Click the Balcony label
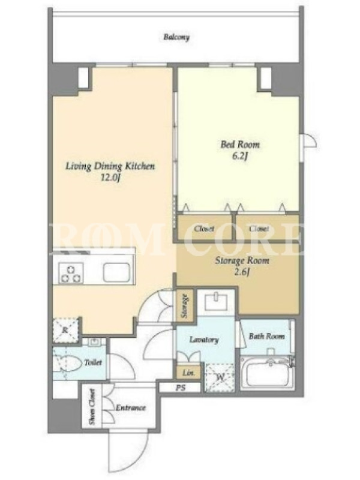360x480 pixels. [176, 37]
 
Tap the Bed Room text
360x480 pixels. [240, 144]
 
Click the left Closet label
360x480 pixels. [204, 229]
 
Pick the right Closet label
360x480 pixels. [259, 229]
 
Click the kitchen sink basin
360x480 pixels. [116, 272]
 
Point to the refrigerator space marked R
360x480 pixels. [65, 330]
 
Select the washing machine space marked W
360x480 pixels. [220, 377]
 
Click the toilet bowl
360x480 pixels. [67, 363]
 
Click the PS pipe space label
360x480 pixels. [181, 388]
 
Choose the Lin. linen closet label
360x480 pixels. [188, 373]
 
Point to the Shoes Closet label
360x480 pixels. [92, 406]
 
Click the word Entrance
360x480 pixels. [130, 407]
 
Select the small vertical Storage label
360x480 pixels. [185, 306]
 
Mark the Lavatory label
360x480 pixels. [204, 340]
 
